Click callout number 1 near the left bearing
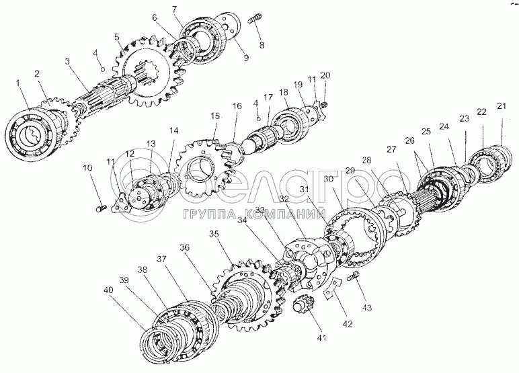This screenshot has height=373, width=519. tap(19, 83)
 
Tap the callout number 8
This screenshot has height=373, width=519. tap(261, 45)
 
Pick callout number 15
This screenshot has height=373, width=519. tap(214, 116)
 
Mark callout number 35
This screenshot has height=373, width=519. tap(214, 234)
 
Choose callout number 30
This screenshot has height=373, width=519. tap(329, 179)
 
